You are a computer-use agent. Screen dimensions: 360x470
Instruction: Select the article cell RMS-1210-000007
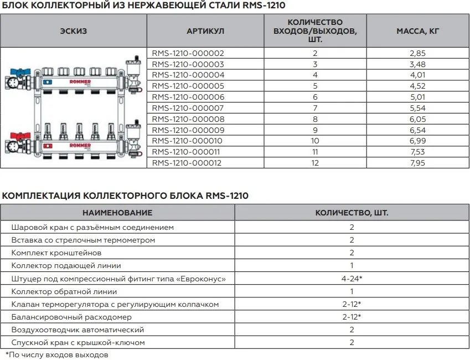coord(188,107)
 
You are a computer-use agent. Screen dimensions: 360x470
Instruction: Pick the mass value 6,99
coord(418,141)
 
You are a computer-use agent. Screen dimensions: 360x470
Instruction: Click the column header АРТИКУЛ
coord(205,31)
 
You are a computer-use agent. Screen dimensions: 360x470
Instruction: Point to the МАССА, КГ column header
coord(418,31)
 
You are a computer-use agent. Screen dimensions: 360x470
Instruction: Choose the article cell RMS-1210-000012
coord(188,162)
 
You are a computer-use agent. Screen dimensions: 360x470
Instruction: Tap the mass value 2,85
coord(418,53)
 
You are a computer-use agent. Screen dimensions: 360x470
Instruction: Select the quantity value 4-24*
coord(352,277)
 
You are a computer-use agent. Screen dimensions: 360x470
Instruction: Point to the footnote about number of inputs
coord(57,354)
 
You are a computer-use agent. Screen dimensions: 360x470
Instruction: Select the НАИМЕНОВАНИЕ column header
coord(117,213)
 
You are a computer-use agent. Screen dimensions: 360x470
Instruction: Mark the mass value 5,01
coord(418,97)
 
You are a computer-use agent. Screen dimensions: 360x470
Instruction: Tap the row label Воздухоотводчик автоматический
coord(78,330)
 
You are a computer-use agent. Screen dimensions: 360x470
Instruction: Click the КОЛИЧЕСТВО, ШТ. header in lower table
coord(352,213)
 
